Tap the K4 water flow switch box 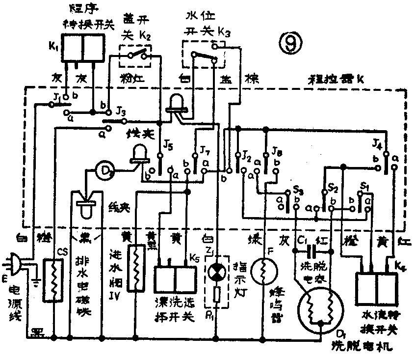(376, 289)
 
